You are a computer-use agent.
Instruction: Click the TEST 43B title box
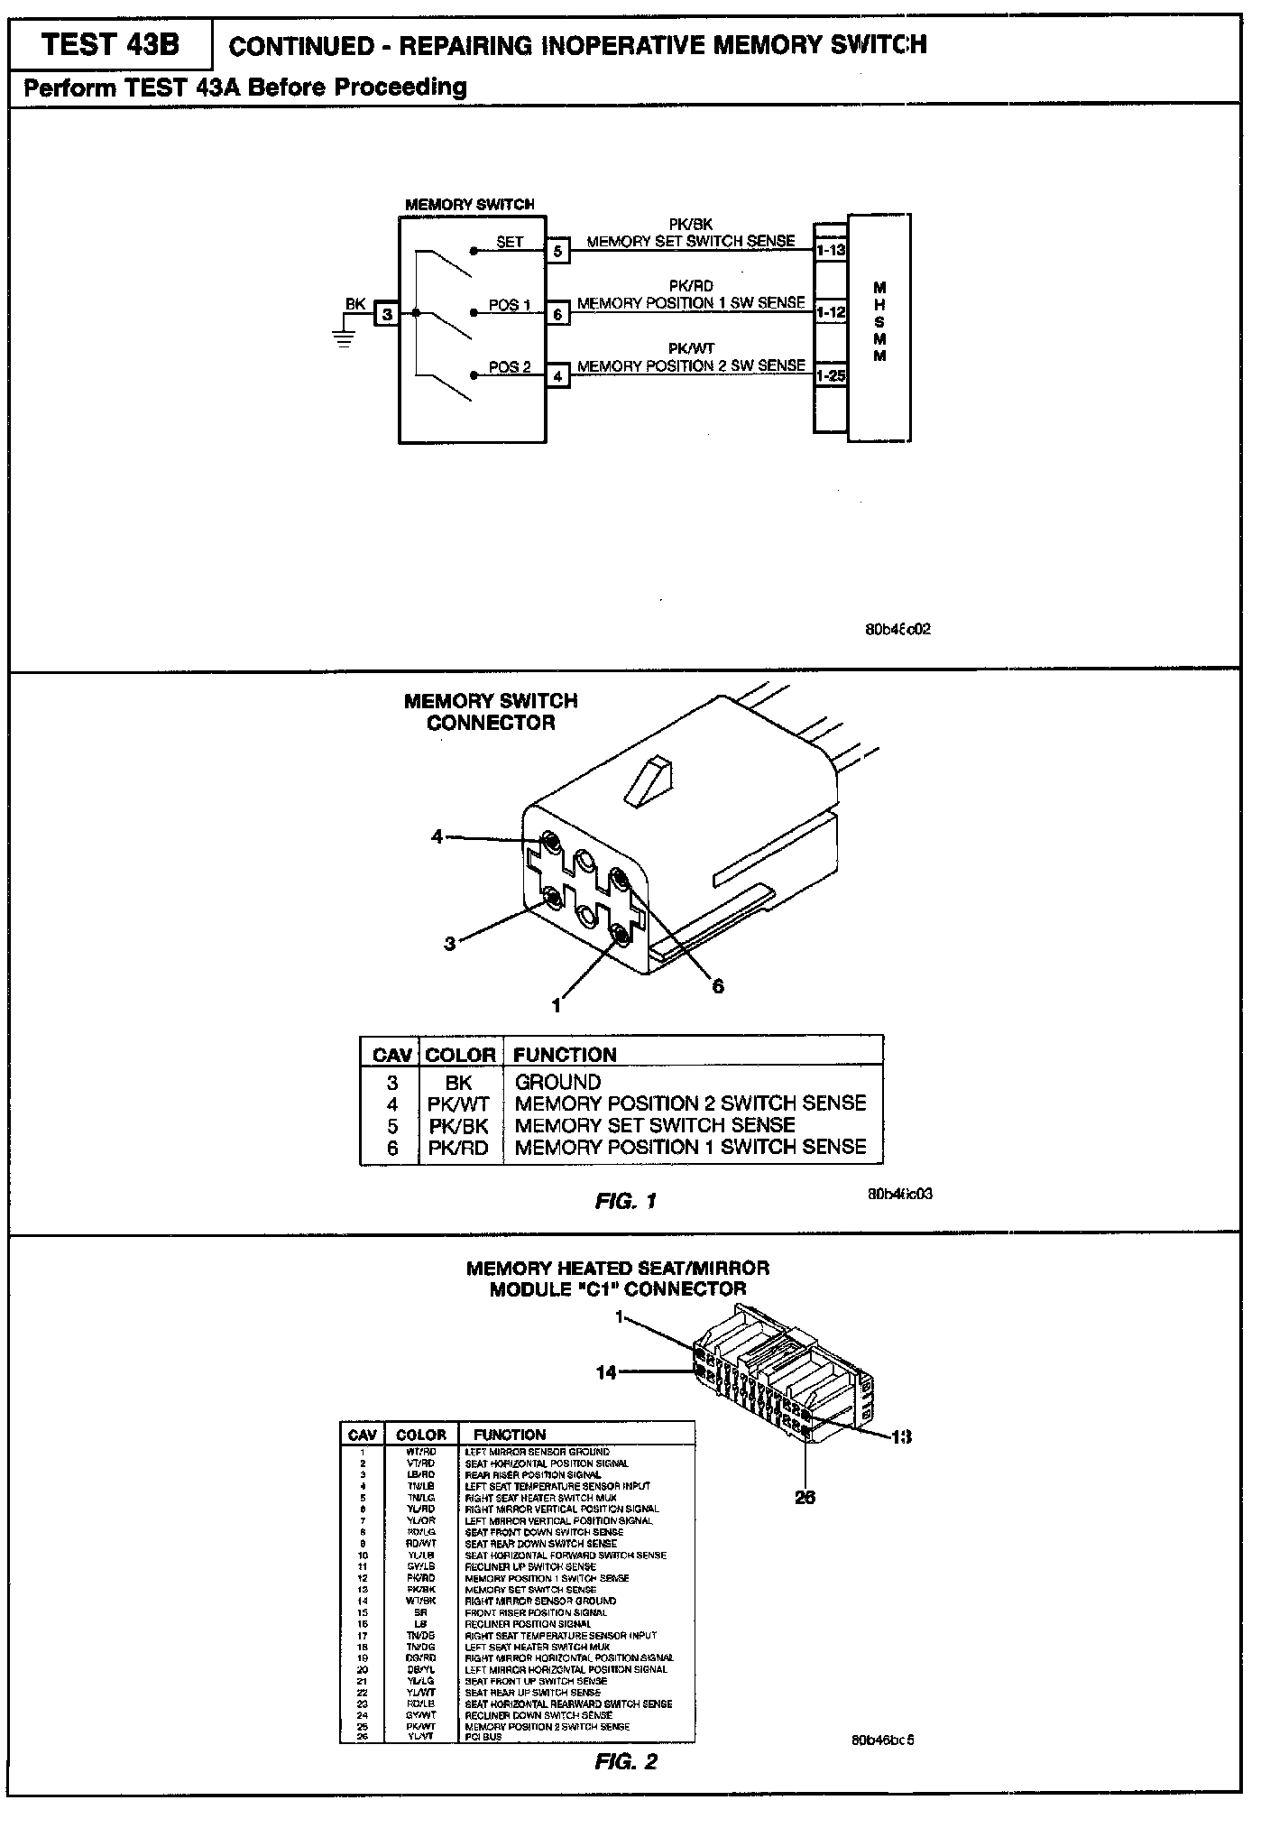(110, 45)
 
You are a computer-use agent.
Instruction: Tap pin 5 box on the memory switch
(557, 251)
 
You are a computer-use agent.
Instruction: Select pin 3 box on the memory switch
(387, 314)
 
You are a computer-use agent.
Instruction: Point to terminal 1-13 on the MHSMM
(830, 250)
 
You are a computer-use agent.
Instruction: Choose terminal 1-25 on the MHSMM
(830, 374)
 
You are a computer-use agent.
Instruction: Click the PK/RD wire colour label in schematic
(691, 286)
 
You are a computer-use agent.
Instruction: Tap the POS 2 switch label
(510, 367)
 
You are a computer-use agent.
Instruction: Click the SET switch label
(510, 242)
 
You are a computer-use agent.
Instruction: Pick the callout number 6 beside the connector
(718, 986)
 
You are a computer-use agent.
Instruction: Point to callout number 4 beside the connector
(437, 836)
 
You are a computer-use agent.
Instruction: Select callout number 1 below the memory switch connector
(557, 1004)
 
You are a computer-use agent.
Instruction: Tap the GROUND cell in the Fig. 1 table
(557, 1082)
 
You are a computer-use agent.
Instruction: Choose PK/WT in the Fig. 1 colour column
(458, 1103)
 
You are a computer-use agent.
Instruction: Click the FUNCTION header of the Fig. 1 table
(565, 1055)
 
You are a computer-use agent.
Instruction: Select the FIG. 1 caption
(625, 1201)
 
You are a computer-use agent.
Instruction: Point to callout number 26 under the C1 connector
(805, 1497)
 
